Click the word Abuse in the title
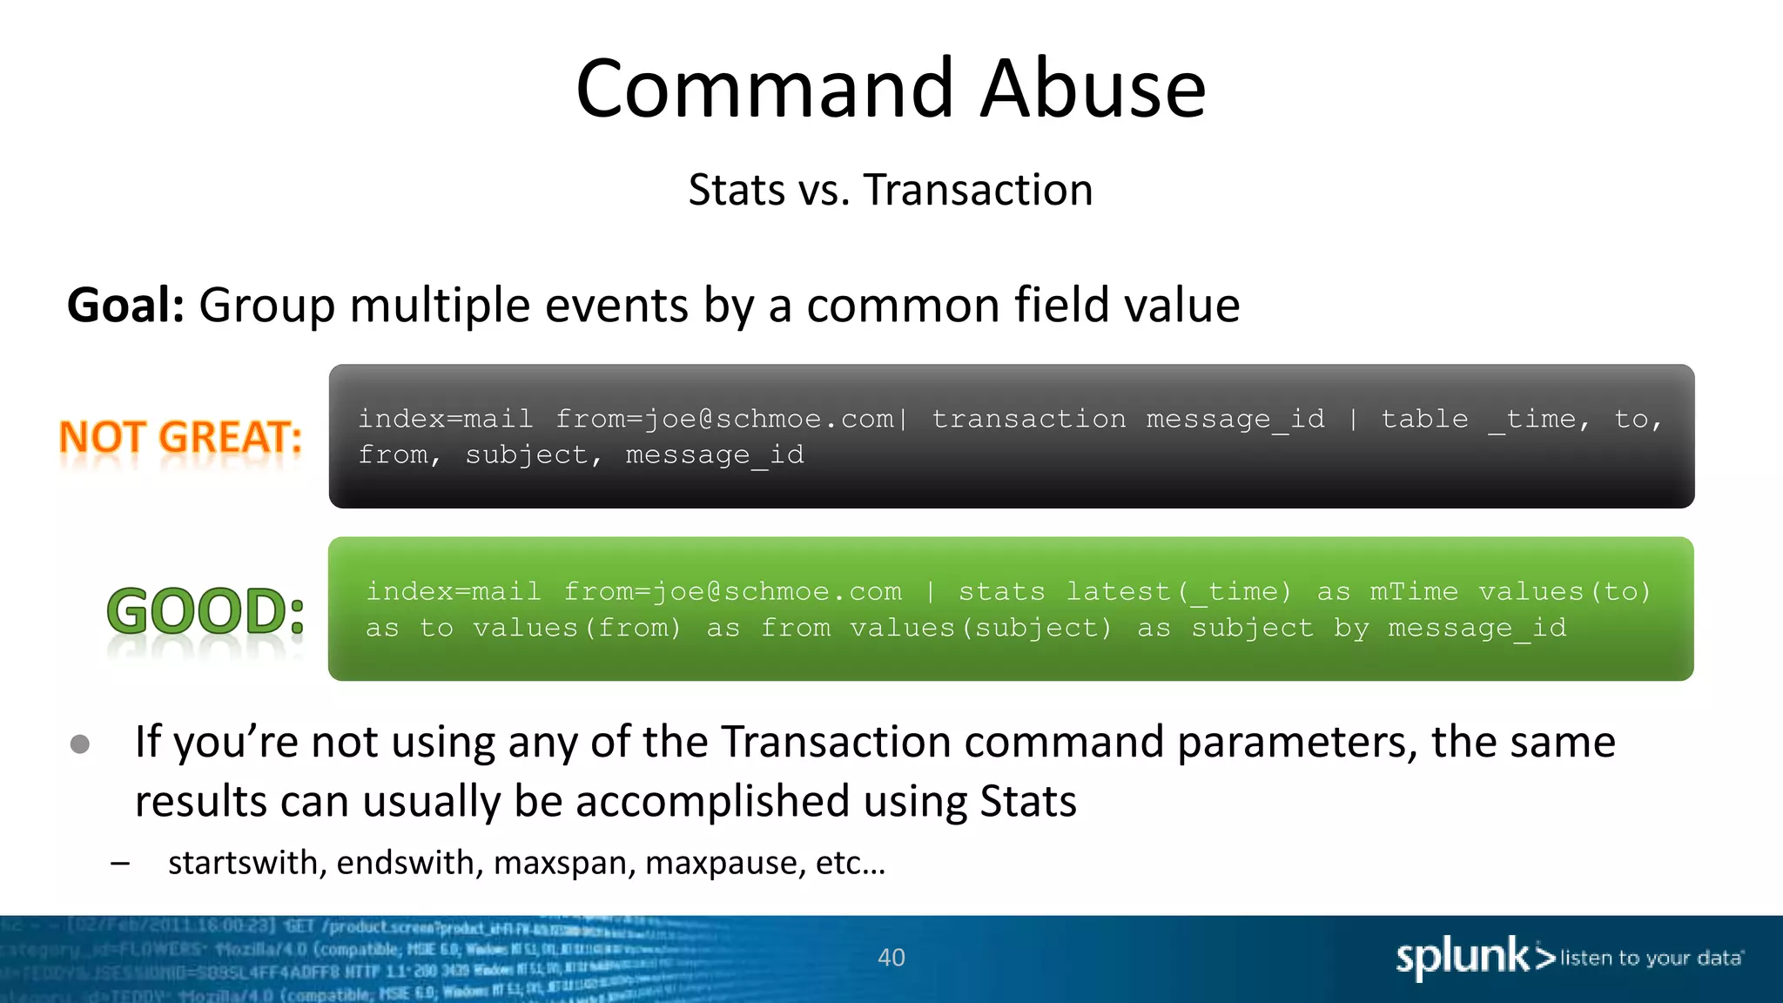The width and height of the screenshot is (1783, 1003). coord(1093,89)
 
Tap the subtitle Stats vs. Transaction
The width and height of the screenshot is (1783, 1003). coord(890,190)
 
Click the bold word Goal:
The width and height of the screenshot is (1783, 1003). coord(125,306)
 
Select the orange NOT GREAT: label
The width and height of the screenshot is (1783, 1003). coord(180,437)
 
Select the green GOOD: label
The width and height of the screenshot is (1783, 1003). coord(205,611)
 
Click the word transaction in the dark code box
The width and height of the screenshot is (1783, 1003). coord(1028,419)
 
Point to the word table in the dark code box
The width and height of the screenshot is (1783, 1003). coord(1424,419)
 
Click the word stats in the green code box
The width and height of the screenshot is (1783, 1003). coord(1001,592)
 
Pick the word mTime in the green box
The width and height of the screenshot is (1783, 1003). coord(1413,592)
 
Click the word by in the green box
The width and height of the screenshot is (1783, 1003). coord(1351,628)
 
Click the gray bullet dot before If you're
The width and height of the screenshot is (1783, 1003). coord(80,744)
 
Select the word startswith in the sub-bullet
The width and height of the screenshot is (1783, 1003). coord(243,863)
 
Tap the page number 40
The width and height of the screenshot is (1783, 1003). coord(891,958)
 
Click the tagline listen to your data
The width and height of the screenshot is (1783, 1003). coord(1651,959)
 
